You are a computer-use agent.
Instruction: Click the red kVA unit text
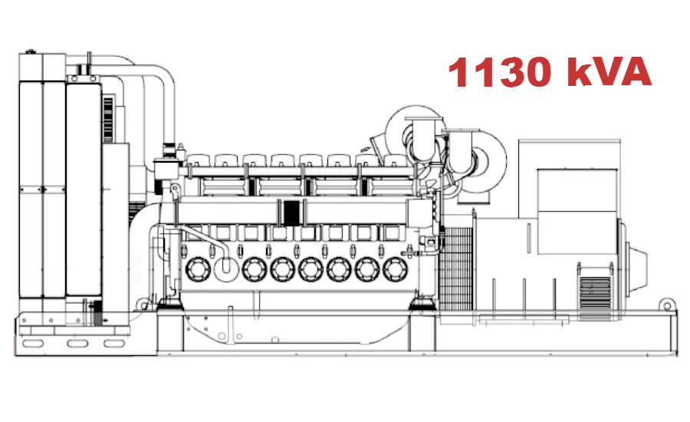click(x=609, y=73)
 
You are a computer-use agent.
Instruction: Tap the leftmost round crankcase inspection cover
click(x=197, y=269)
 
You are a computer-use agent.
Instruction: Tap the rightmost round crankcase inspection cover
click(x=395, y=269)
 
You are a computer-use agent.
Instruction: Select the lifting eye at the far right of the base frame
click(x=669, y=306)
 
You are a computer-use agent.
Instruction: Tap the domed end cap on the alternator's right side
click(x=638, y=261)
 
